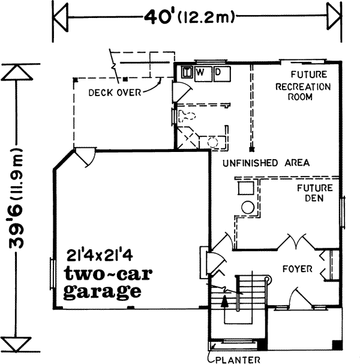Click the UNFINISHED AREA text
(265, 163)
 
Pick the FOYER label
(298, 268)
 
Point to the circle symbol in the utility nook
(248, 208)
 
